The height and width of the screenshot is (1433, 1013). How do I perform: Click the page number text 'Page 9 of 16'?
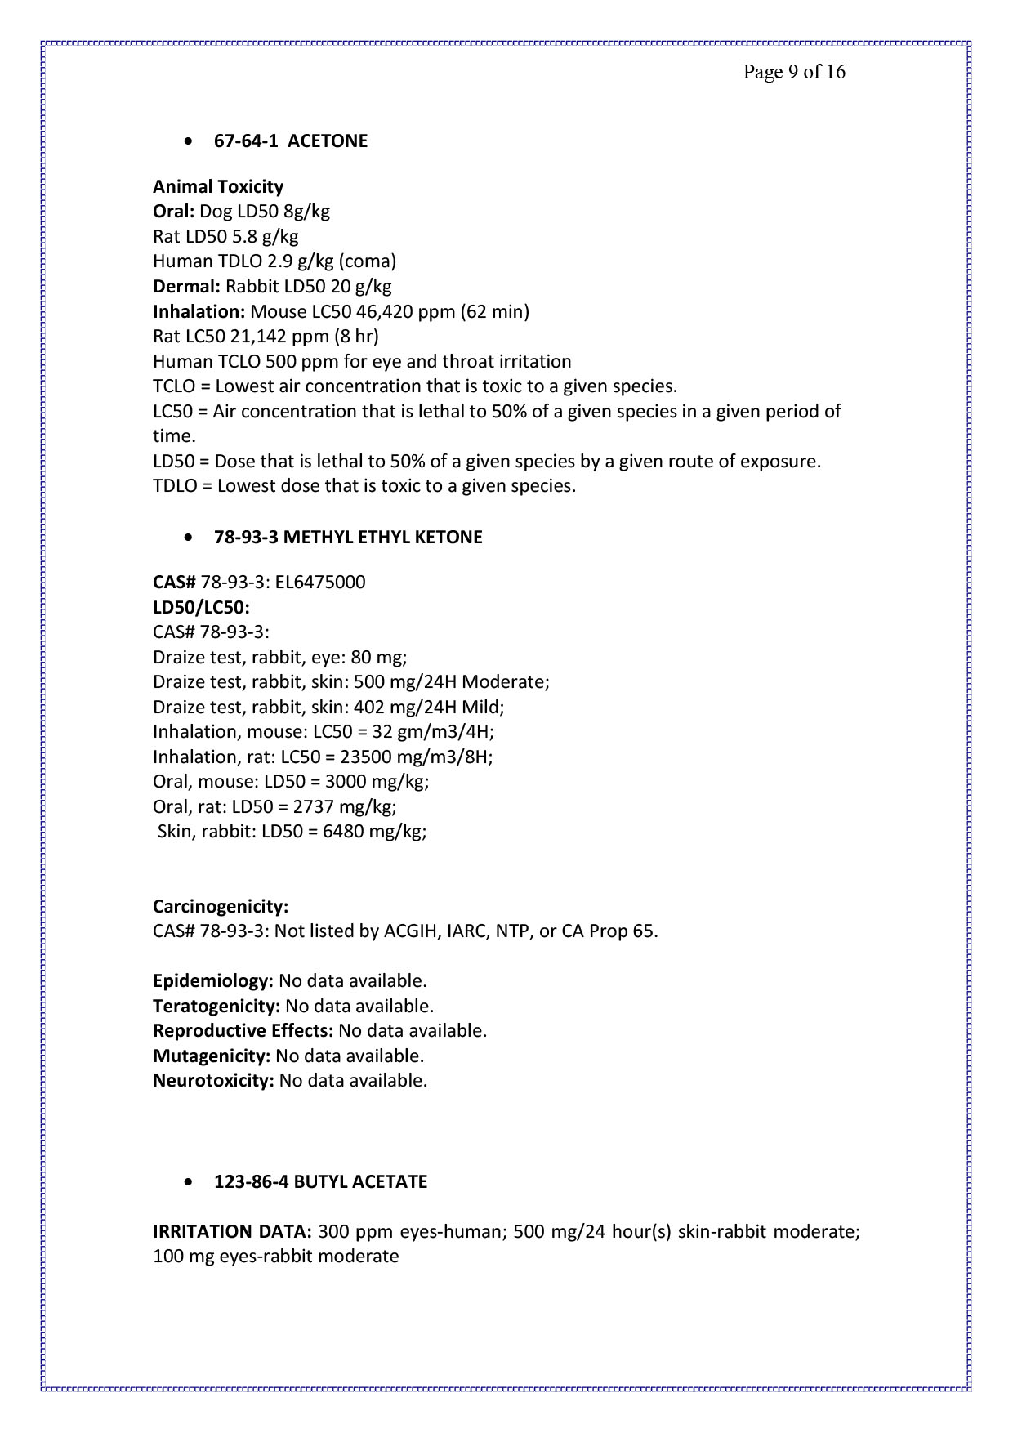click(x=793, y=72)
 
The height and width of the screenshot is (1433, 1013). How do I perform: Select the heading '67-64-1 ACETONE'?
click(x=290, y=141)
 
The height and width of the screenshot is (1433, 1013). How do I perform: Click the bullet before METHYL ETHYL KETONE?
click(x=190, y=538)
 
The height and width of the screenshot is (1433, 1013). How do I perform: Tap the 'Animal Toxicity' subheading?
click(x=218, y=187)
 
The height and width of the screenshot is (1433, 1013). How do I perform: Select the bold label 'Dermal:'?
click(x=186, y=287)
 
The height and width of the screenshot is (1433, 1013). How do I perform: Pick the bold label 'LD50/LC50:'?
click(x=201, y=608)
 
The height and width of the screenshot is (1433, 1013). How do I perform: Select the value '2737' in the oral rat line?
click(x=313, y=807)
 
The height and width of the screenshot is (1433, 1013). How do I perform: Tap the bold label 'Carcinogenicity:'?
click(x=221, y=907)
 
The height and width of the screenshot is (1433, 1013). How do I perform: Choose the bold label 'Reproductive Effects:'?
click(x=243, y=1031)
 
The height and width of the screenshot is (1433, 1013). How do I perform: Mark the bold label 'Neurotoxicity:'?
click(x=213, y=1081)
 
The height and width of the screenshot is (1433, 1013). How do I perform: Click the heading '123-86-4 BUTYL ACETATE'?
click(x=320, y=1182)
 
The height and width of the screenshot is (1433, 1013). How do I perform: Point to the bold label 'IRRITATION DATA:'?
click(x=232, y=1232)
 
